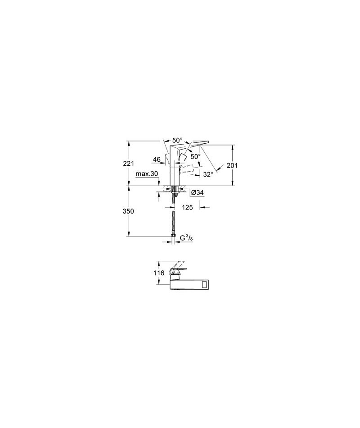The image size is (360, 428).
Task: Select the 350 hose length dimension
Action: coord(129,211)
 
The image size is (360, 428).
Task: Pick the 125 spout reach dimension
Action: coord(188,207)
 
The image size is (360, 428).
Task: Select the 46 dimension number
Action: coord(157,159)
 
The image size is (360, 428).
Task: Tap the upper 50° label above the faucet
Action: coord(177,140)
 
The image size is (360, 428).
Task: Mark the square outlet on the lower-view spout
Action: coord(204,285)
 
